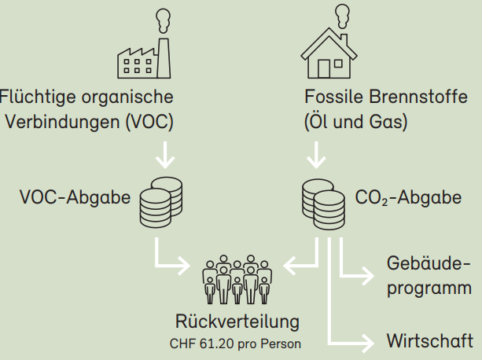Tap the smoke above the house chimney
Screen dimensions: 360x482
pyautogui.click(x=342, y=14)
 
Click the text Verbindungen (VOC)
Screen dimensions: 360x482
pyautogui.click(x=89, y=123)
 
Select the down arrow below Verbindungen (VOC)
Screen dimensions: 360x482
pyautogui.click(x=164, y=156)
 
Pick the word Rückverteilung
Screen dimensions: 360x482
pyautogui.click(x=237, y=321)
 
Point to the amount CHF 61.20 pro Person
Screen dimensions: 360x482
pyautogui.click(x=235, y=343)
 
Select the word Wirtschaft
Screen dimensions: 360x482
pyautogui.click(x=429, y=341)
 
